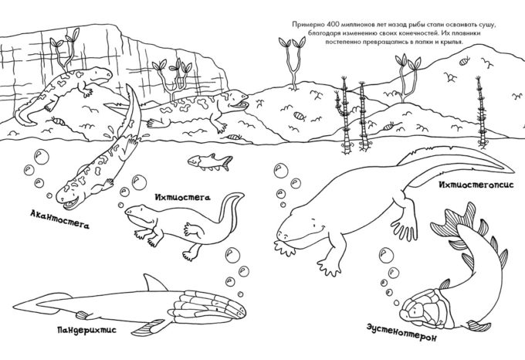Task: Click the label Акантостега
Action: (60, 219)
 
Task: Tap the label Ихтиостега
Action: (182, 197)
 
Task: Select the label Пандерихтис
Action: (86, 330)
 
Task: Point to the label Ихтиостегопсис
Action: (476, 185)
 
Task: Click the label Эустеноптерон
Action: (401, 332)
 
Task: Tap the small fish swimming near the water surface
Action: (210, 161)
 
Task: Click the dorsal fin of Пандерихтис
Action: (154, 282)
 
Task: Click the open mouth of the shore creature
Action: (239, 106)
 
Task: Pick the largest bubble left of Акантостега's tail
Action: (42, 156)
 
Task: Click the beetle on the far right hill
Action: (465, 62)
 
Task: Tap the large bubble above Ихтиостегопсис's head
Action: (281, 171)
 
